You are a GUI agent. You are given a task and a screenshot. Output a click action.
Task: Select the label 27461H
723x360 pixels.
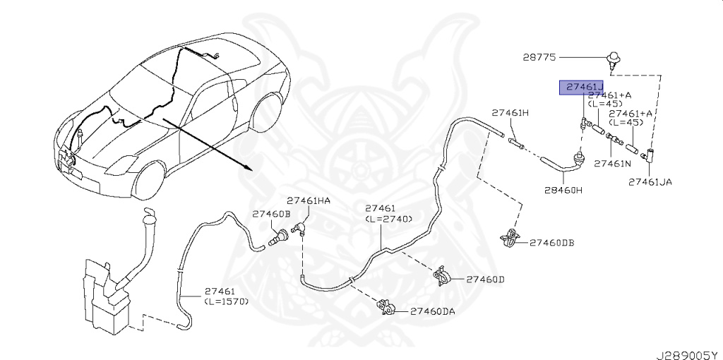coord(510,113)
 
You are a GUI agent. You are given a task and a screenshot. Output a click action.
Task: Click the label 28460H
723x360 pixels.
coord(563,190)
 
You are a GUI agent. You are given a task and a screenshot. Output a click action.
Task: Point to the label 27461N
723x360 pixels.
coord(612,163)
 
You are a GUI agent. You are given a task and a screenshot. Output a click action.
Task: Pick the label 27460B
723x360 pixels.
coord(272,213)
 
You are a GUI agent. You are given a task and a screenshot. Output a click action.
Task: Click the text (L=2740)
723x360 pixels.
coord(389,219)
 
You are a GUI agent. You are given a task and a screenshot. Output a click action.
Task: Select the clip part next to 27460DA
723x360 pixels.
coord(386,308)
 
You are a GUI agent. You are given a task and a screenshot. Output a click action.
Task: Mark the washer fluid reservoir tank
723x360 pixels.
coord(106,296)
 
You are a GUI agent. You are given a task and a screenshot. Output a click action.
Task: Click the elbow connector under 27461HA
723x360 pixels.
coord(299,227)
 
